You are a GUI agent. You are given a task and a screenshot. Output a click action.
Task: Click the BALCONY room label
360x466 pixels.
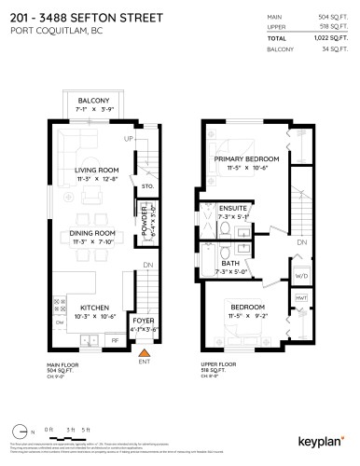[93, 101]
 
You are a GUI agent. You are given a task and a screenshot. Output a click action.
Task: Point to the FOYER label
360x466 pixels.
[144, 321]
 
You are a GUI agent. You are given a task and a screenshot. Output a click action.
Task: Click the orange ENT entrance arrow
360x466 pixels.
[144, 354]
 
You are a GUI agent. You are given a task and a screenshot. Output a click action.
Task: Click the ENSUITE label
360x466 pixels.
[228, 210]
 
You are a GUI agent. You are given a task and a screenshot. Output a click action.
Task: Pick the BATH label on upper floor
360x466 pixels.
[228, 264]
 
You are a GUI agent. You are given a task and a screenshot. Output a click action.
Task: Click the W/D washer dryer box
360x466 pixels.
[300, 276]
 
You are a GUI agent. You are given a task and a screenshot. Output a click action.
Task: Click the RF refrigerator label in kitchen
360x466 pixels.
[114, 341]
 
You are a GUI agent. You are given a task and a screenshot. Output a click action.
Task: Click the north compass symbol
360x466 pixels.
[24, 430]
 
